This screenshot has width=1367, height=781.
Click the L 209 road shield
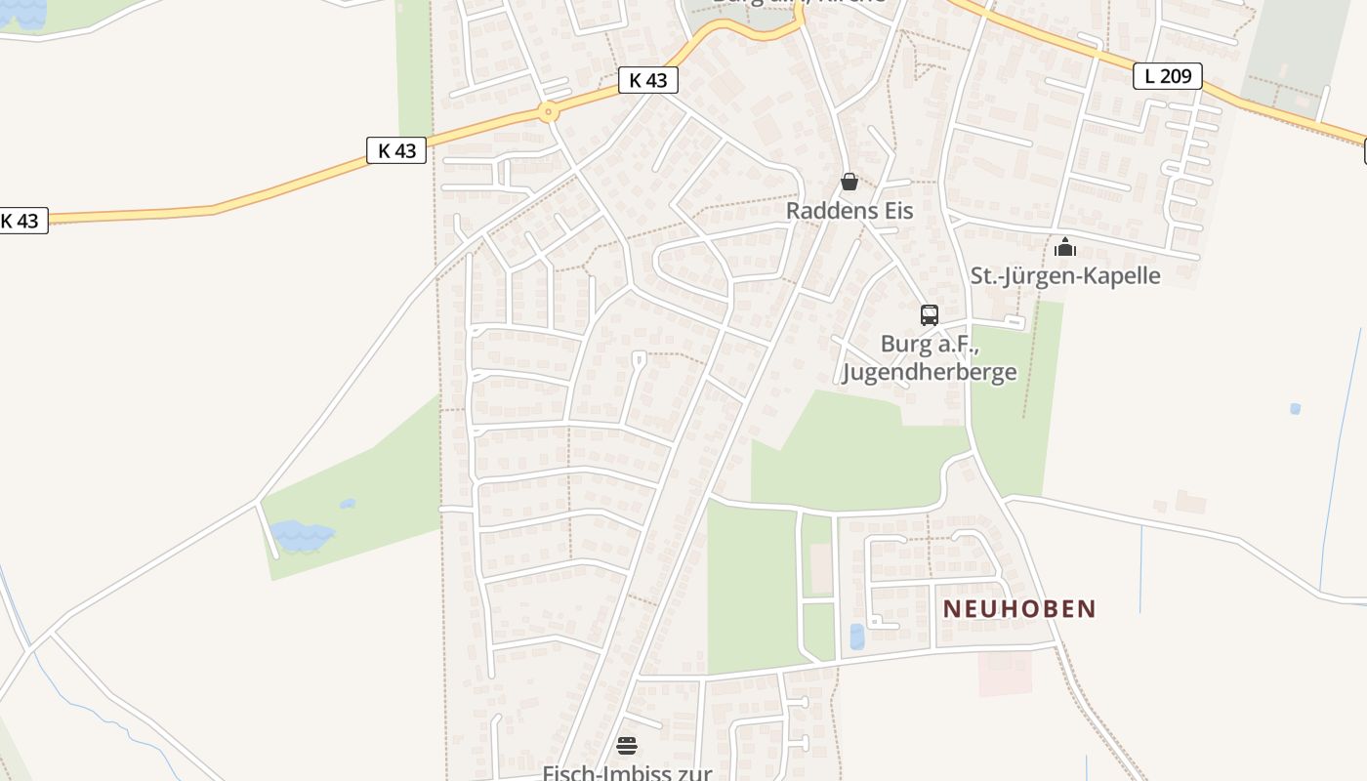1167,76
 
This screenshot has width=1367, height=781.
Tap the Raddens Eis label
849,210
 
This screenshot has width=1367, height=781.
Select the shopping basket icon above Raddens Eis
849,182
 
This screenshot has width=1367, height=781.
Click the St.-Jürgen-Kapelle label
1065,275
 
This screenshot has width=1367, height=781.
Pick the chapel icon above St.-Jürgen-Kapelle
1064,247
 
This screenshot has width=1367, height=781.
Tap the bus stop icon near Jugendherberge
929,315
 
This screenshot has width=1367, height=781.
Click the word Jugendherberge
929,372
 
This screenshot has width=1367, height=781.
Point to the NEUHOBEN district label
1019,609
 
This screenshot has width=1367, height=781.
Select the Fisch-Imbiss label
627,772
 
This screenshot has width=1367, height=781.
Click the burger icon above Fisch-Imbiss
627,747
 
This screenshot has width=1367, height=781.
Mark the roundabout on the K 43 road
549,112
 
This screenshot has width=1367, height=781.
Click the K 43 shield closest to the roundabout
647,80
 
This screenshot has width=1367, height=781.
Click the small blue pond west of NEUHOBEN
857,637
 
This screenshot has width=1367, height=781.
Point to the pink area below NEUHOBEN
1005,674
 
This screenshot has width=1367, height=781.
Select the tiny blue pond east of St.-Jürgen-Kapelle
1295,409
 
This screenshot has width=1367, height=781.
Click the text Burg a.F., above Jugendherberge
928,344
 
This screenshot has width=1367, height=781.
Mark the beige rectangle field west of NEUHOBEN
821,569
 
